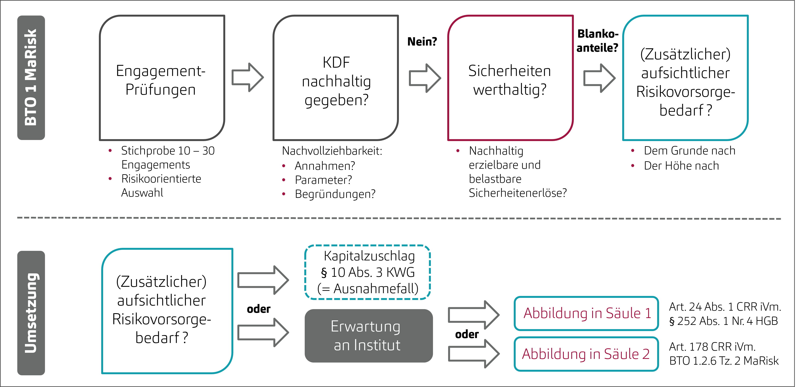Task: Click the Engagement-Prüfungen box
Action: point(162,78)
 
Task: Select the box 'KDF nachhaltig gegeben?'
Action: point(335,78)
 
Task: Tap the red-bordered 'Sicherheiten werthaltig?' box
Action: point(510,78)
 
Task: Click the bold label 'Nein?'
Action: point(422,41)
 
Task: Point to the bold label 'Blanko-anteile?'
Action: point(597,40)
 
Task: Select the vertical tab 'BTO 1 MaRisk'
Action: point(31,78)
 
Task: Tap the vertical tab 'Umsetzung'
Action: point(31,313)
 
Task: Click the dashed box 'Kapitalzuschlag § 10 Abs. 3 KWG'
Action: point(368,272)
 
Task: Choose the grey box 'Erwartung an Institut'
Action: point(368,336)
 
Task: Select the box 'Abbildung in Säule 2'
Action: point(586,354)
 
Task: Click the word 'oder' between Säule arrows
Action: point(466,334)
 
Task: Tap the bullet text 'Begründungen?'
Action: point(335,194)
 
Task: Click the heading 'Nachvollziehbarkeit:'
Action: point(332,151)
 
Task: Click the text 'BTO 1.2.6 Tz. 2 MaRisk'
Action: point(724,361)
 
